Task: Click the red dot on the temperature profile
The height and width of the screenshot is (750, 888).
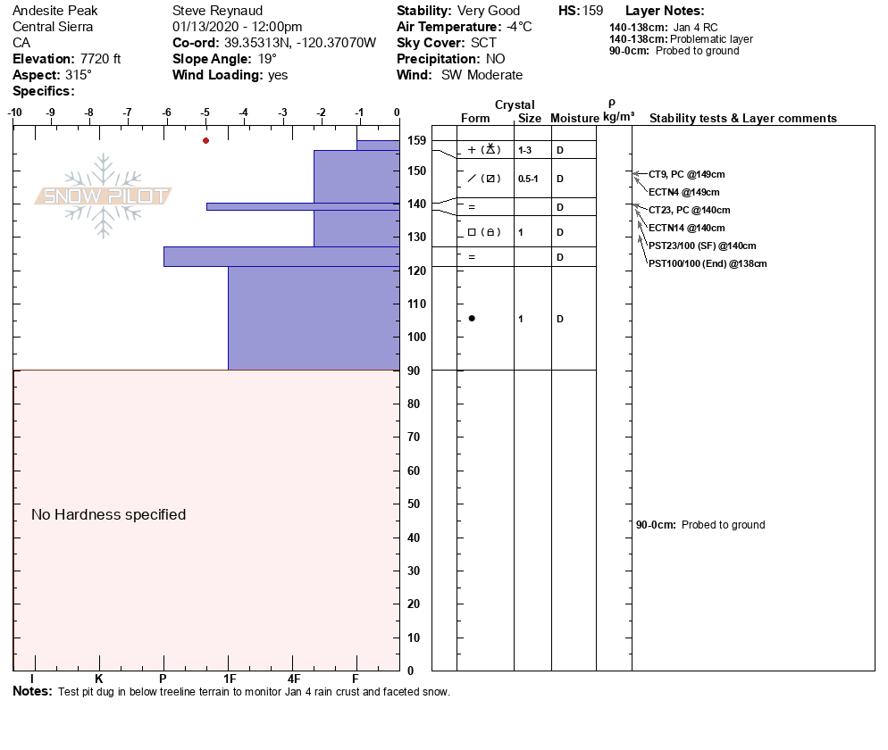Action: click(x=205, y=140)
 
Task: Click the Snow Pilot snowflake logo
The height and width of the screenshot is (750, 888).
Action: click(x=104, y=196)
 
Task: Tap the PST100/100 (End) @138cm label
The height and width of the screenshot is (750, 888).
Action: click(x=708, y=263)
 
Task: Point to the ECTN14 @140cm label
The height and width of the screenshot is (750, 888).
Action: click(x=686, y=228)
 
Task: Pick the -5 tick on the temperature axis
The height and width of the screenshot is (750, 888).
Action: click(x=205, y=112)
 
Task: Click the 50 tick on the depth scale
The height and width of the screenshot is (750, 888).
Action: click(x=415, y=504)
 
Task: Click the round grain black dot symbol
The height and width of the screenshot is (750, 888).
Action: click(x=472, y=319)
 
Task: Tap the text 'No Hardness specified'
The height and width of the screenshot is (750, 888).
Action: click(x=108, y=514)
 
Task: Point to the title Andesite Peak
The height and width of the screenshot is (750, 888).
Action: click(x=55, y=11)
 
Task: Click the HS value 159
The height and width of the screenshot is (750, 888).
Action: click(x=592, y=11)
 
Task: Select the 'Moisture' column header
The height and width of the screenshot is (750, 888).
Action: click(x=574, y=118)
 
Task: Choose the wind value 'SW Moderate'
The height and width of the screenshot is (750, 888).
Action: click(x=482, y=75)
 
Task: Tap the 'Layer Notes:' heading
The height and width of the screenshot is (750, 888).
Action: click(x=665, y=11)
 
